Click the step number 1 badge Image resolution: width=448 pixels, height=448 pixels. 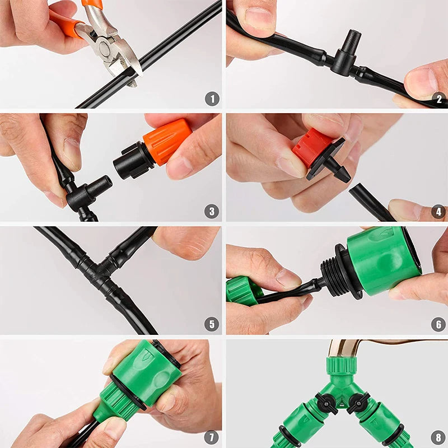click(x=212, y=99)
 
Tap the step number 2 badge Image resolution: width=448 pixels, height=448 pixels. click(x=438, y=99)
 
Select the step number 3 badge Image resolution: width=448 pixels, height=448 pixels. click(x=212, y=211)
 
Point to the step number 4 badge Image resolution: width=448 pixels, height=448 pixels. click(x=438, y=211)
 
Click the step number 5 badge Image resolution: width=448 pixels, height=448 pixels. click(x=212, y=324)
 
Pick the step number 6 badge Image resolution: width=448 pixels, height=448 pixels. click(x=438, y=324)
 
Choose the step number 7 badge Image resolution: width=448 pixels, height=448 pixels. click(x=212, y=436)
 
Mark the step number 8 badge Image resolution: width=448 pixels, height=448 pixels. click(x=438, y=436)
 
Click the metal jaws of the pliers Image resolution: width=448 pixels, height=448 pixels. click(x=115, y=48)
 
